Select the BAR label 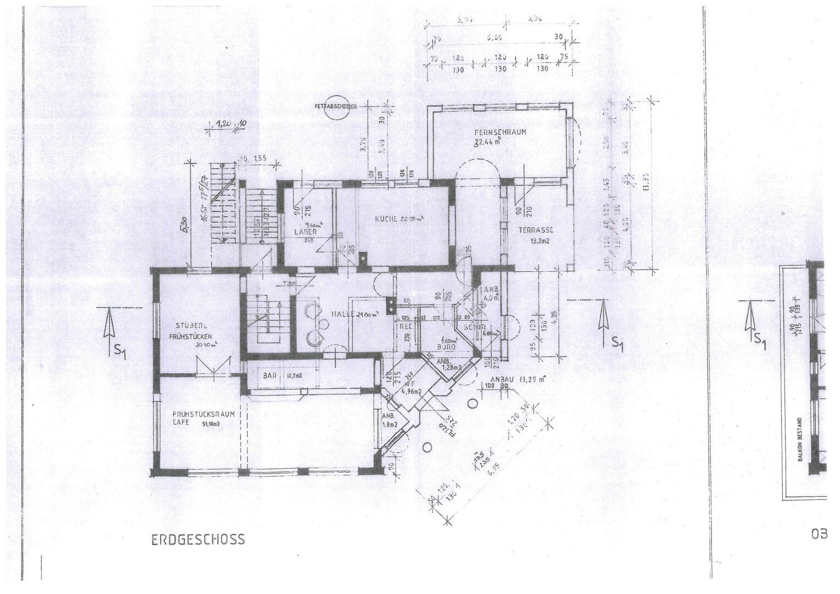tap(270, 377)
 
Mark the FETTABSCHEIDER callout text tap(333, 107)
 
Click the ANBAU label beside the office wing tap(501, 379)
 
